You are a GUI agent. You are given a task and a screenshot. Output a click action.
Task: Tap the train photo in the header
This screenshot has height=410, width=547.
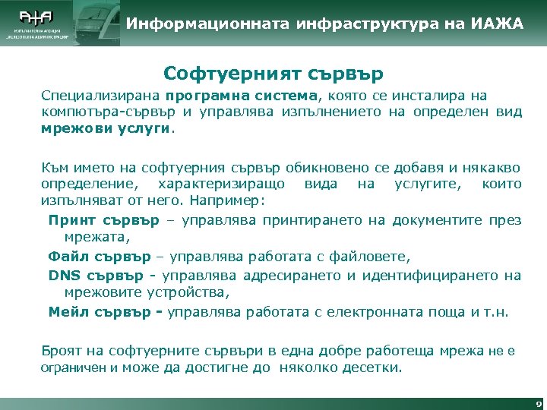(x=97, y=23)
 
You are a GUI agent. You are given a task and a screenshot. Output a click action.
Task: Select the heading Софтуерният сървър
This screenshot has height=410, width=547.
(x=273, y=74)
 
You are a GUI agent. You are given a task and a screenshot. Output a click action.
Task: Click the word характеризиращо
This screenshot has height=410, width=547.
(x=221, y=184)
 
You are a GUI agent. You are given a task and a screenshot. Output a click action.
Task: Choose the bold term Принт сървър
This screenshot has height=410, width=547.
(x=104, y=220)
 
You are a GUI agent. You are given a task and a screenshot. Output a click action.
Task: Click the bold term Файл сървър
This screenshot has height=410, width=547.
(x=100, y=256)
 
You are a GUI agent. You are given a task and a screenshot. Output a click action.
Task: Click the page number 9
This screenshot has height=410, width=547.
(x=538, y=404)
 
